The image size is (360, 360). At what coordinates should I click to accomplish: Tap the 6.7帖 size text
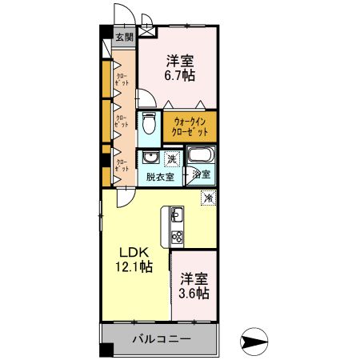click(180, 76)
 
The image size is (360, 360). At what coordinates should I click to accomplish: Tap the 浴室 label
click(201, 174)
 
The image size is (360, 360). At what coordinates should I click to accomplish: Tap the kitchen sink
click(176, 215)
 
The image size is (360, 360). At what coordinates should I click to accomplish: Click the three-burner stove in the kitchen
click(176, 237)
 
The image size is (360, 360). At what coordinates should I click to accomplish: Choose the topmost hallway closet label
click(122, 81)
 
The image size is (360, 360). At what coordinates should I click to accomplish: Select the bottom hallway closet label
click(122, 166)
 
